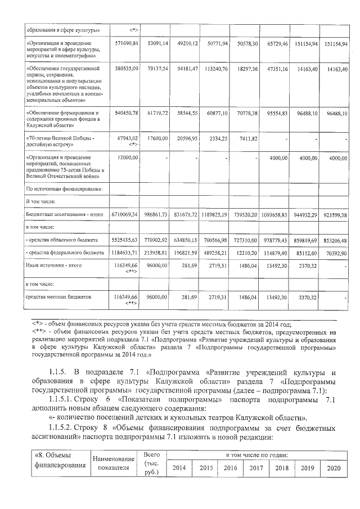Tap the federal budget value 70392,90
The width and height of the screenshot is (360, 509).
337,253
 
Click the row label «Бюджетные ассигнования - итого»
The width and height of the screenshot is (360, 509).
64,215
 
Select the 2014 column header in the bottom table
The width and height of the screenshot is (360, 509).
179,468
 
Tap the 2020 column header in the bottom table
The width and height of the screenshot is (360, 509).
334,468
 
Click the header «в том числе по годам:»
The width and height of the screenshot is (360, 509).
257,454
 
